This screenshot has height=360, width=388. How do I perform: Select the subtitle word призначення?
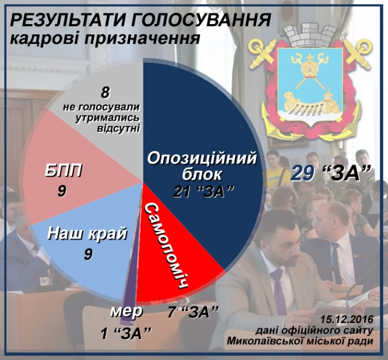click(x=142, y=39)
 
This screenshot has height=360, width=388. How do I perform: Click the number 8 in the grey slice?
click(x=105, y=93)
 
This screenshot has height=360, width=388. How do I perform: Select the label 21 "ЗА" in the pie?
click(x=204, y=192)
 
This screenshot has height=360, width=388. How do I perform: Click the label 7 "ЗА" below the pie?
click(x=193, y=312)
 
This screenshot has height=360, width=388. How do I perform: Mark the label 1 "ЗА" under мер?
click(x=126, y=333)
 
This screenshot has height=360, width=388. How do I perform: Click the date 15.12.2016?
click(x=347, y=319)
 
